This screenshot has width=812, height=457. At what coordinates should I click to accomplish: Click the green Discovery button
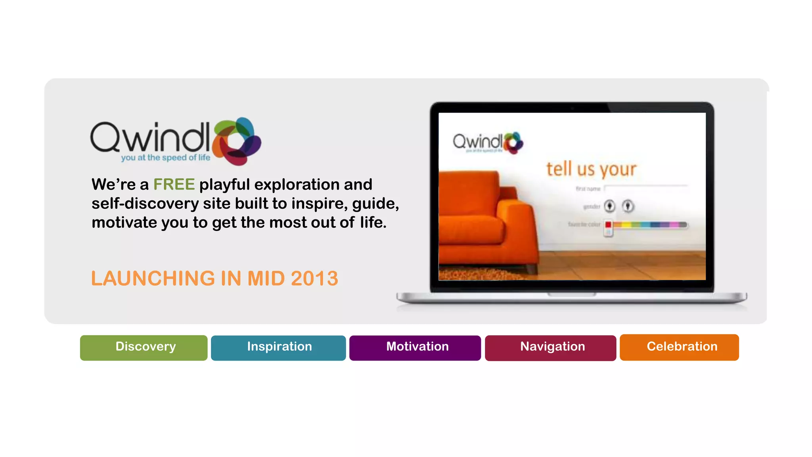click(x=144, y=348)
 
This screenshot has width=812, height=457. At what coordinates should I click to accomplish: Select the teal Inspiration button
click(x=278, y=348)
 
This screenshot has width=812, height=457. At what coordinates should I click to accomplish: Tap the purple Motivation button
click(x=415, y=348)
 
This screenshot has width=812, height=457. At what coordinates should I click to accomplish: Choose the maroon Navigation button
click(x=550, y=348)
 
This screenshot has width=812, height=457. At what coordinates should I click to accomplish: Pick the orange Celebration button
click(x=679, y=347)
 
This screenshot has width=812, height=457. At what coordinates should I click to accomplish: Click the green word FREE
click(x=174, y=184)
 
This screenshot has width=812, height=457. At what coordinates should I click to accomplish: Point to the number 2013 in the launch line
click(x=314, y=278)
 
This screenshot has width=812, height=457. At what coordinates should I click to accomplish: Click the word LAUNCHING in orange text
click(x=152, y=278)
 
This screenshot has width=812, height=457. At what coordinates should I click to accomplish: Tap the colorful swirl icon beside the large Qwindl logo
click(x=237, y=141)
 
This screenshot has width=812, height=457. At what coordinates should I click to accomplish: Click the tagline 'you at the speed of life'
click(x=166, y=157)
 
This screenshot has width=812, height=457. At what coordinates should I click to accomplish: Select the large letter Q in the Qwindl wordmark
click(x=105, y=137)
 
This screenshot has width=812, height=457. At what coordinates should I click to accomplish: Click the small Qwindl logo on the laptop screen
click(x=488, y=142)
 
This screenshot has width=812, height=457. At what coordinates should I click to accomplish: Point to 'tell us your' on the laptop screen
click(x=591, y=169)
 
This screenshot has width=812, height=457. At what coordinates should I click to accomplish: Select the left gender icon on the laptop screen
click(x=609, y=206)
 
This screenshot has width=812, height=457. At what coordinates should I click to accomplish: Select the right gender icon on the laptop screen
click(x=628, y=206)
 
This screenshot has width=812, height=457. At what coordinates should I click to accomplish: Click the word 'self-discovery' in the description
click(x=145, y=204)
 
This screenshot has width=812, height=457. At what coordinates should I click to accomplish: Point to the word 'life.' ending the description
click(x=373, y=223)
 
